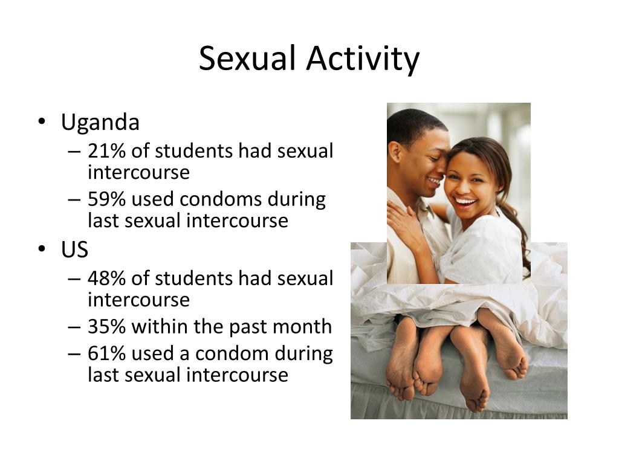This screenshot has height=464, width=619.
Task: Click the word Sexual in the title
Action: (x=247, y=58)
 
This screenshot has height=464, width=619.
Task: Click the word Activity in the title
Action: (x=363, y=59)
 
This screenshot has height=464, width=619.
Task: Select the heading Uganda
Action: (x=100, y=122)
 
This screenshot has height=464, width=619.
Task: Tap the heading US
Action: (x=74, y=250)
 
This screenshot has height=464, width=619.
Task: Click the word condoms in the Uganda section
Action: (x=221, y=199)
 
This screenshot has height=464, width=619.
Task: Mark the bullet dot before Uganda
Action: (x=42, y=121)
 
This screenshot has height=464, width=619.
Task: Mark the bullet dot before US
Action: (x=42, y=248)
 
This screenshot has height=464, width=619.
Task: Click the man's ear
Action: (x=395, y=153)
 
